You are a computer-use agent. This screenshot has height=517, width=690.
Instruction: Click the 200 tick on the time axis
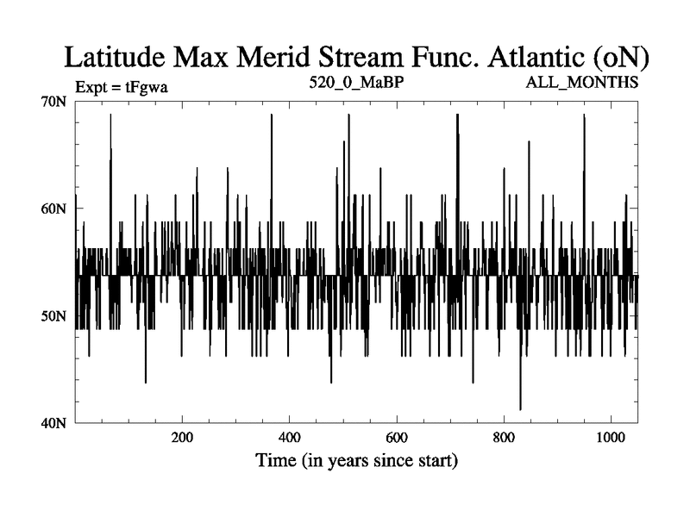pyautogui.click(x=182, y=437)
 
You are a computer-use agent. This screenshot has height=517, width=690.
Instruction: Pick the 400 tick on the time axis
pyautogui.click(x=290, y=437)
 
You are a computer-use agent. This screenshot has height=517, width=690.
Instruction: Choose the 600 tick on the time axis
pyautogui.click(x=397, y=437)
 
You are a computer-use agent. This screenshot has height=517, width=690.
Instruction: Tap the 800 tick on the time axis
pyautogui.click(x=504, y=437)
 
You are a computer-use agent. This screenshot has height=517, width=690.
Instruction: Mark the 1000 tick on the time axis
pyautogui.click(x=611, y=437)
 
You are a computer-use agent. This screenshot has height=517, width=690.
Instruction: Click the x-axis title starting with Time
pyautogui.click(x=356, y=461)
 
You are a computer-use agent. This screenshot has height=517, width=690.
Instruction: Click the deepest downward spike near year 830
pyautogui.click(x=520, y=408)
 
